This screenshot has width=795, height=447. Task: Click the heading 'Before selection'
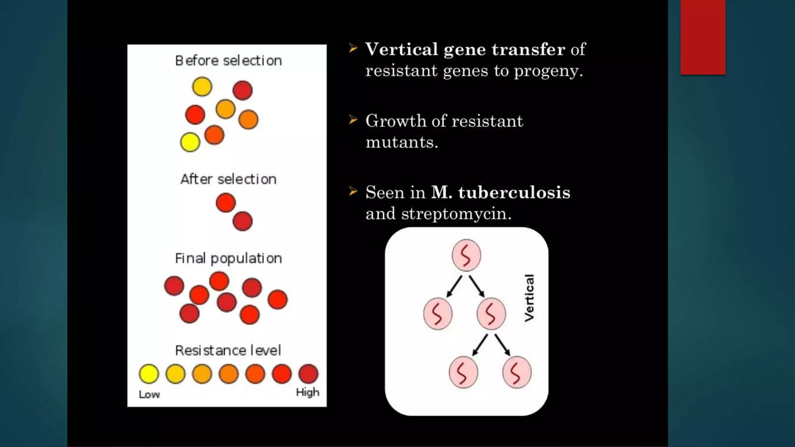[228, 61]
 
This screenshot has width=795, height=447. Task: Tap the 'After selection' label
[228, 179]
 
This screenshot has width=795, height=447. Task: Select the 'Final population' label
[228, 258]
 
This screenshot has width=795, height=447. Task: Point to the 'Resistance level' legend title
[228, 350]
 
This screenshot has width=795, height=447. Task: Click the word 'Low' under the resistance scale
[149, 395]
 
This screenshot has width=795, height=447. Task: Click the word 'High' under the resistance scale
[307, 392]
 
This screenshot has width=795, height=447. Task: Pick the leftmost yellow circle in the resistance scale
[149, 374]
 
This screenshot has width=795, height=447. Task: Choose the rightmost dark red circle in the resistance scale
[308, 374]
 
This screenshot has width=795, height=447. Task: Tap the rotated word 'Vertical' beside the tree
[529, 298]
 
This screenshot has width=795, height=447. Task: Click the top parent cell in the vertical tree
[466, 255]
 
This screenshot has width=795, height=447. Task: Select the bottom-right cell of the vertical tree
[517, 372]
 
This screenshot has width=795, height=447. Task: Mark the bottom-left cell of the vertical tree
[463, 372]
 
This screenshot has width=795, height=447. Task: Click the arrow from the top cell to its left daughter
[454, 286]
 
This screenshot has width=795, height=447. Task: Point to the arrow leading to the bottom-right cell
[502, 345]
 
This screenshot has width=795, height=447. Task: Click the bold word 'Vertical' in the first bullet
[402, 49]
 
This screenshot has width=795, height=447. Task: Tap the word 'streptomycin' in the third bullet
[456, 213]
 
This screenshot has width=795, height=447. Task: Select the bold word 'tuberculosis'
[514, 192]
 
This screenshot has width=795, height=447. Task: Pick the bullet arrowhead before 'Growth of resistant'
[353, 120]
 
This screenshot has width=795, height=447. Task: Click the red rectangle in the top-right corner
[703, 37]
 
